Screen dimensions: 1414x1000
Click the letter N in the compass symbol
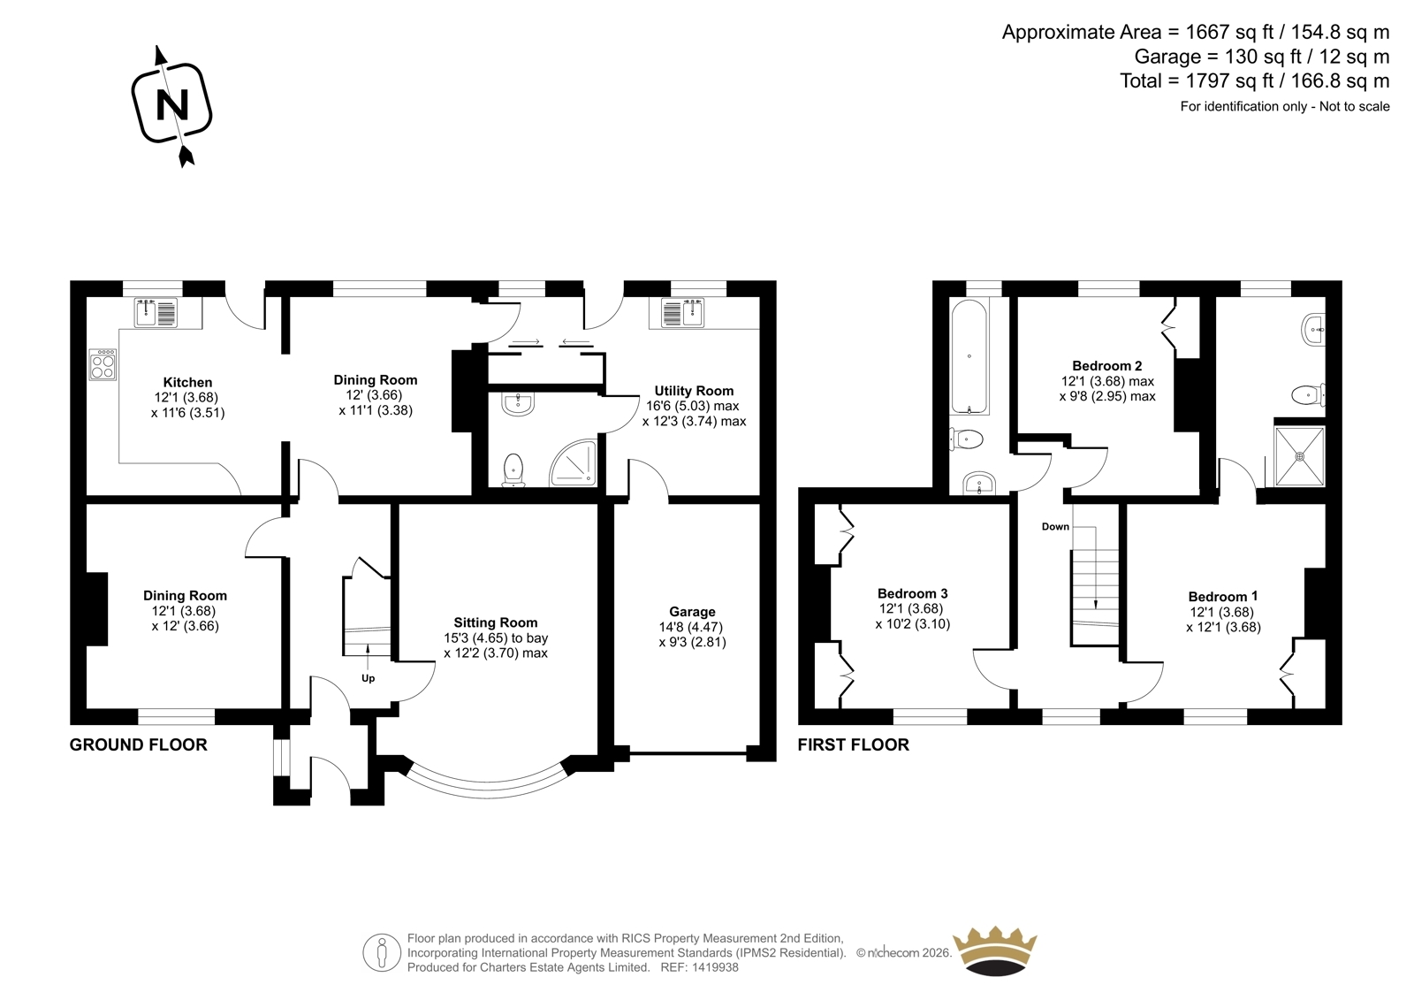point(172,105)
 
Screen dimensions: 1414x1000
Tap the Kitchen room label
point(187,382)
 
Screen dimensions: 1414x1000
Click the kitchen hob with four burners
point(103,364)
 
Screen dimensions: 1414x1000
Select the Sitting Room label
point(496,622)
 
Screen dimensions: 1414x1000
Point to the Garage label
point(693,612)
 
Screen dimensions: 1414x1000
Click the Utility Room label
point(694,391)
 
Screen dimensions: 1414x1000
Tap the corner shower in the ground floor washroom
point(574,463)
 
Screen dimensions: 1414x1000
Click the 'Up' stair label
point(368,678)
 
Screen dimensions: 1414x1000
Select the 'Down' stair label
point(1055,526)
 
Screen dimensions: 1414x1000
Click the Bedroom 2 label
point(1107,366)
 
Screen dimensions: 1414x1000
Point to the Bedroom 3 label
point(913,593)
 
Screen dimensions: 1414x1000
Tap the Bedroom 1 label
point(1223,596)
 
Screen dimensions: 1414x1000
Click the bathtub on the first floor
point(969,357)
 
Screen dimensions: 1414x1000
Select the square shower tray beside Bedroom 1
point(1299,456)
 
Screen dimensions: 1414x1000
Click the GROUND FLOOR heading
point(138,744)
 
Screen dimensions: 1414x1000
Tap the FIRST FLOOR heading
point(854,744)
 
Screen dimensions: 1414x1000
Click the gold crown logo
point(995,952)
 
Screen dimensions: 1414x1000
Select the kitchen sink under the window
point(156,312)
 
